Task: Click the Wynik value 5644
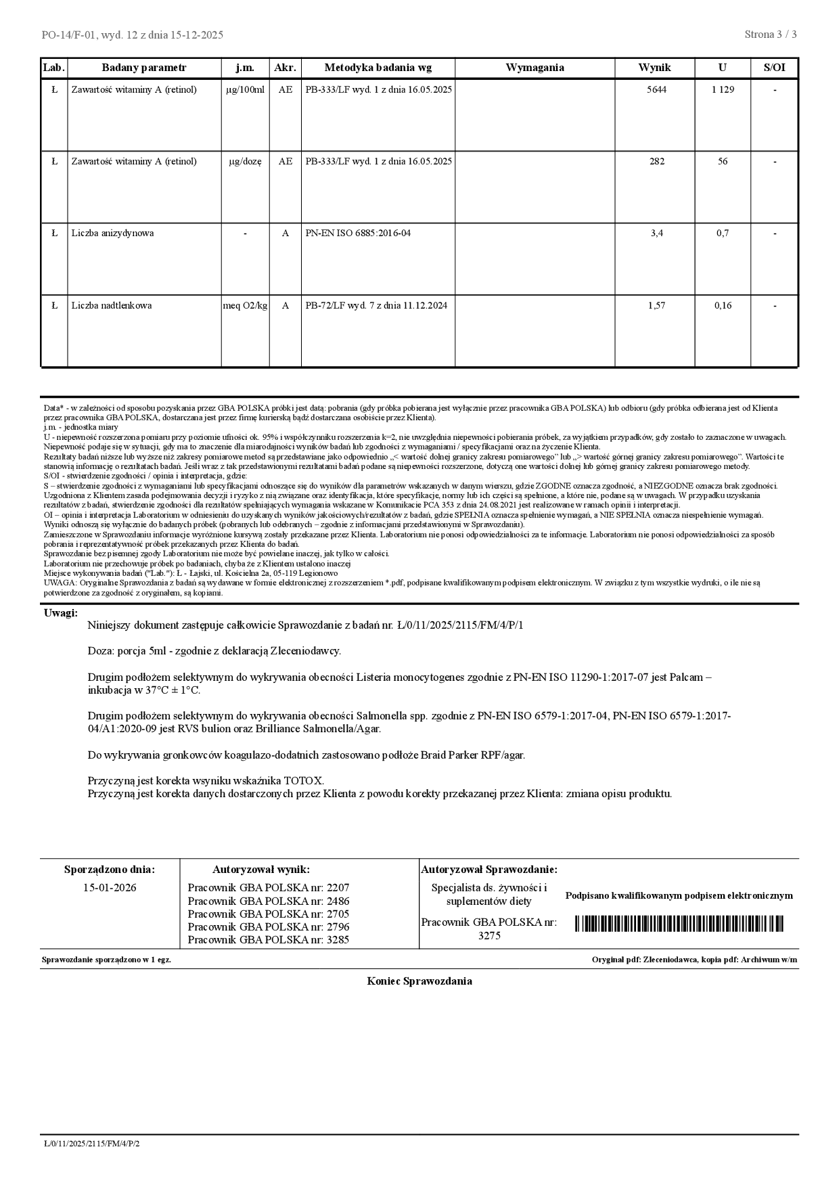click(656, 89)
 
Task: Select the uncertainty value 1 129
click(722, 89)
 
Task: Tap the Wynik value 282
click(656, 161)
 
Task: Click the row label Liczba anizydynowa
click(112, 233)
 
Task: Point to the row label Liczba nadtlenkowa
click(112, 305)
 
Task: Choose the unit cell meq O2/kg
click(245, 305)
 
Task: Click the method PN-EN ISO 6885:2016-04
click(358, 233)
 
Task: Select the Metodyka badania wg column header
click(378, 68)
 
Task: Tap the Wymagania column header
click(535, 68)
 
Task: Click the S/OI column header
click(774, 68)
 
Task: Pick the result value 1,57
click(656, 305)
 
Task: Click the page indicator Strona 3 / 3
click(770, 35)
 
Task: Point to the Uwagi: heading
click(61, 613)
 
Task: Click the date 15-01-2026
click(110, 887)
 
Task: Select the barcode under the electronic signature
click(679, 924)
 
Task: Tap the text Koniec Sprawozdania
click(419, 981)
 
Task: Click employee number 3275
click(489, 936)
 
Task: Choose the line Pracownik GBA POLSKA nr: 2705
click(269, 914)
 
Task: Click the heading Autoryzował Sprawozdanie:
click(489, 870)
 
